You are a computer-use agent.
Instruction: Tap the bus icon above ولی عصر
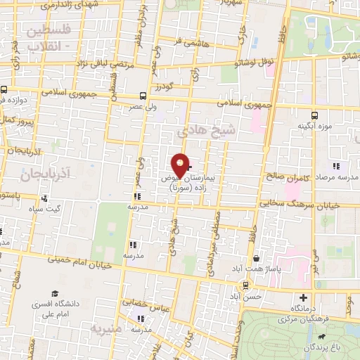[143, 96]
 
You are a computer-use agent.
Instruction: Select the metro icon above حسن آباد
[245, 285]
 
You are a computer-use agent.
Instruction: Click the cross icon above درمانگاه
[304, 297]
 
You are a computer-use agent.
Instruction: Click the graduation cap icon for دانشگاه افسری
[54, 293]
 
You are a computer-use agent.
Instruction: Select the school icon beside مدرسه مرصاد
[336, 166]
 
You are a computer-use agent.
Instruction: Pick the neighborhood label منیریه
[106, 329]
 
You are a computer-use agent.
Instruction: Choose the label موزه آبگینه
[314, 127]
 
